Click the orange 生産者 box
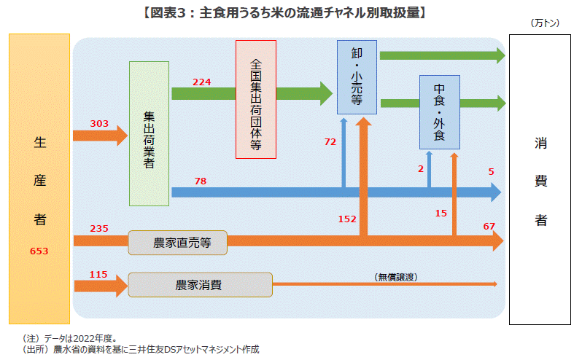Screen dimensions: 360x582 click(39, 179)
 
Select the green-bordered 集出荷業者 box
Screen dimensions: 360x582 click(149, 133)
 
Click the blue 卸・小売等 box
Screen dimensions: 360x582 click(357, 77)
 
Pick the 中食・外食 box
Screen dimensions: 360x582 click(438, 111)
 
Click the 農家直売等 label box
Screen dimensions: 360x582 click(178, 243)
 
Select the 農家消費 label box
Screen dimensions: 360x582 click(200, 284)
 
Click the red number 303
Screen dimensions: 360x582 click(99, 124)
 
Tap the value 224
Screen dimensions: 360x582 click(202, 82)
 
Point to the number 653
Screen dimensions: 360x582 click(39, 251)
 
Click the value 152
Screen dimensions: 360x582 click(347, 219)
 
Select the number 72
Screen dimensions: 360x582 click(330, 141)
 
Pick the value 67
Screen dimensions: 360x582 click(489, 227)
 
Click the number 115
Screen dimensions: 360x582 click(98, 274)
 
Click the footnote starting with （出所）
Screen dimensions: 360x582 click(141, 350)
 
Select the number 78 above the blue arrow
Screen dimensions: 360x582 click(200, 180)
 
